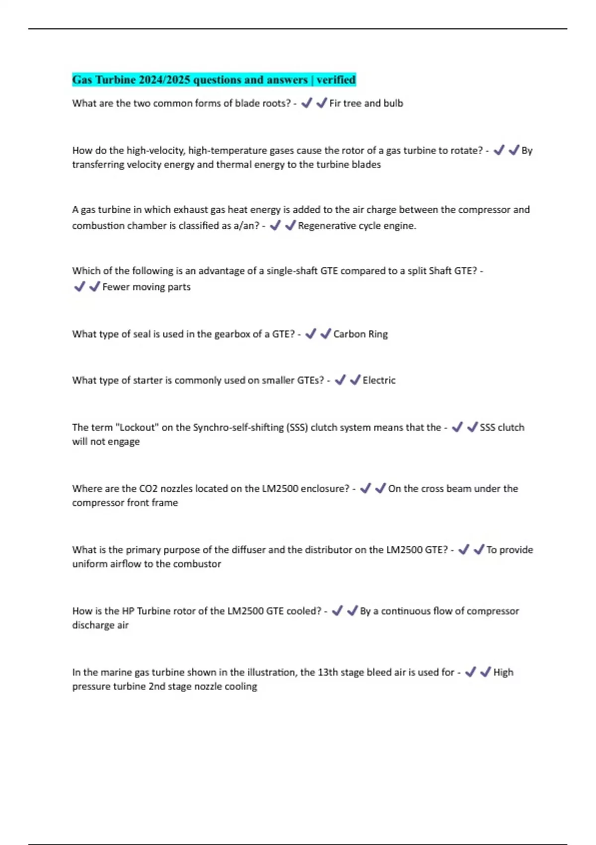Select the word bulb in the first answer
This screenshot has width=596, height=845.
pos(393,103)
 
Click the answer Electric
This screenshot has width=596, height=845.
pos(379,380)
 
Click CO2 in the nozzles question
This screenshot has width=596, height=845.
pos(149,489)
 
